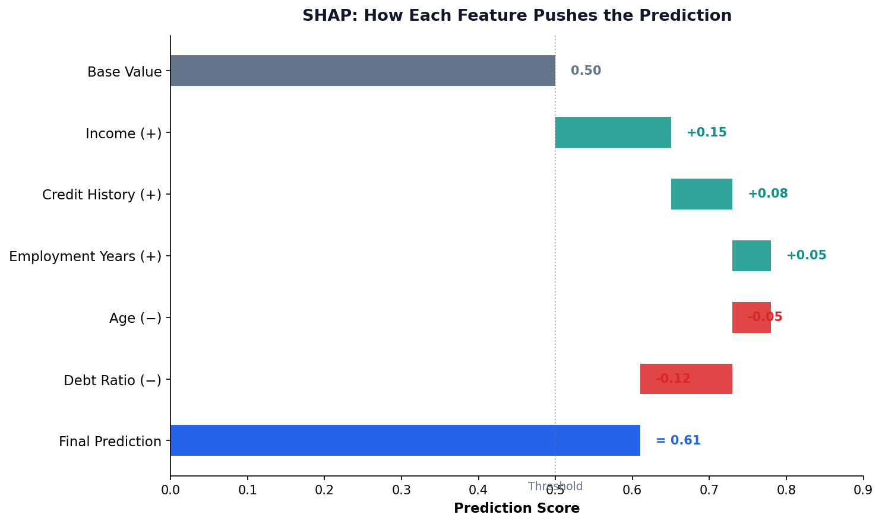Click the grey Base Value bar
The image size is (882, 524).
(362, 71)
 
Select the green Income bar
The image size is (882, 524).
(612, 132)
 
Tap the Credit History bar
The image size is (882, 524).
(701, 194)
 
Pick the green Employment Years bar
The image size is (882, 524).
(751, 256)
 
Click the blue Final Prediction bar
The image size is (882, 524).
(404, 440)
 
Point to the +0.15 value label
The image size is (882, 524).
(706, 133)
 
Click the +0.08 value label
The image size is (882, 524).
(767, 194)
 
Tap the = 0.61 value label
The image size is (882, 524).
(678, 441)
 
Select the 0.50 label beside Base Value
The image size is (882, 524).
(586, 71)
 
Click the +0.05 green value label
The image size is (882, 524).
(806, 256)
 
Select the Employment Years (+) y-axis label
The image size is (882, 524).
(85, 256)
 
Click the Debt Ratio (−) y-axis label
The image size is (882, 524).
(112, 380)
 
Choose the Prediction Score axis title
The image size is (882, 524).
(516, 509)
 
